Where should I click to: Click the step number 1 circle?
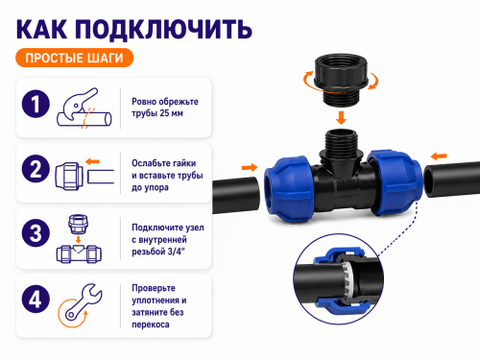tap(36, 104)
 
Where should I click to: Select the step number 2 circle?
tap(36, 169)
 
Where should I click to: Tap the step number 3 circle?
tap(36, 233)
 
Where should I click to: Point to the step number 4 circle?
tap(36, 300)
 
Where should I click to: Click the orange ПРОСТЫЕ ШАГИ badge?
tap(74, 58)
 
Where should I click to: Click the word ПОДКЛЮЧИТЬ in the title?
tap(163, 30)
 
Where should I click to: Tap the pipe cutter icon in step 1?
tap(84, 108)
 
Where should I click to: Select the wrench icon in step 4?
tap(81, 305)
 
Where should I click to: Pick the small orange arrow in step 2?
tap(93, 161)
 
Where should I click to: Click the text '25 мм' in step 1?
tap(171, 113)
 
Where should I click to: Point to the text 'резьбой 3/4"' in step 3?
tap(158, 252)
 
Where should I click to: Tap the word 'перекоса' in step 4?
tap(151, 324)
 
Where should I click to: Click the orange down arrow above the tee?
tap(341, 118)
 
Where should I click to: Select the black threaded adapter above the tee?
tap(341, 79)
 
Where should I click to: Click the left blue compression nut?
tap(289, 189)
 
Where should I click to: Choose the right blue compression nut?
tap(394, 182)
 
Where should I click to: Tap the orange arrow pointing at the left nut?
tap(250, 167)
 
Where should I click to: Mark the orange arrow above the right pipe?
tap(439, 156)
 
